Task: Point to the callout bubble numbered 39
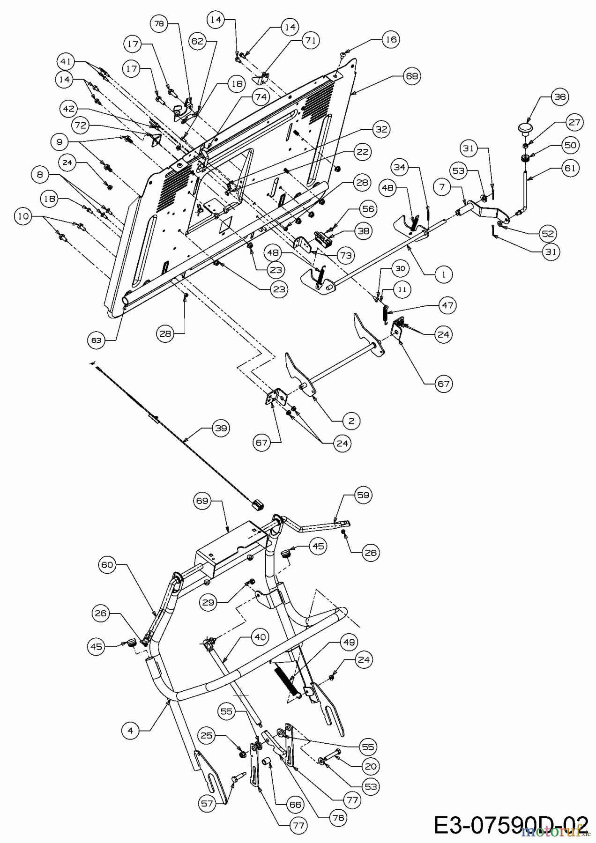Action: click(219, 428)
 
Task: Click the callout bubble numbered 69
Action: click(202, 501)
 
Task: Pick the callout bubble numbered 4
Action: click(130, 731)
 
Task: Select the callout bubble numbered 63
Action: click(96, 340)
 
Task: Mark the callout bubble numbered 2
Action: click(351, 421)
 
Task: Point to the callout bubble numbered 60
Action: click(108, 565)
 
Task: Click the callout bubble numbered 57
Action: click(207, 803)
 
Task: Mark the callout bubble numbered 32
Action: click(382, 129)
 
